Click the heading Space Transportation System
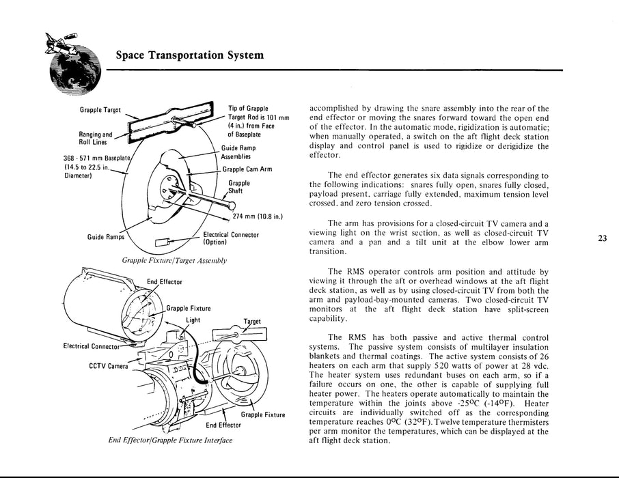tap(190, 55)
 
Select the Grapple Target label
tap(101, 109)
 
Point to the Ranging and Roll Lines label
tap(96, 138)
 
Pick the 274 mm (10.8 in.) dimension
tap(258, 217)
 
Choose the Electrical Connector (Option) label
tap(231, 238)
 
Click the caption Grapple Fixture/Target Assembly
tap(174, 260)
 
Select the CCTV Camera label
tap(109, 366)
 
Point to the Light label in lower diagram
tap(193, 320)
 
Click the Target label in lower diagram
tap(252, 321)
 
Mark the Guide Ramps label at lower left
tap(105, 237)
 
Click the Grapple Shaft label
tap(239, 187)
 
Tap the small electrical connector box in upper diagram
tap(165, 241)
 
